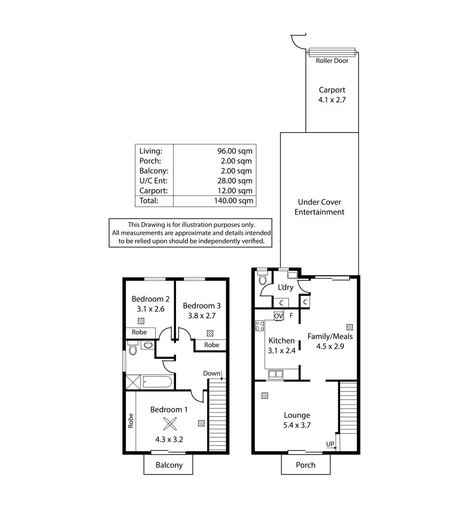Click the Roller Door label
(332, 61)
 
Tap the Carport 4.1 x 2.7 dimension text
(332, 100)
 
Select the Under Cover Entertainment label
(319, 207)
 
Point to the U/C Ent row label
(150, 181)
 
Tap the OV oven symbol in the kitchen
(278, 316)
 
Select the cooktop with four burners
(260, 325)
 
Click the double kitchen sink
(275, 374)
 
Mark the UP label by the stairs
(330, 444)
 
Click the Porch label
(305, 465)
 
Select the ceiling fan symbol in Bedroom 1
(168, 424)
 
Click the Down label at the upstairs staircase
(212, 373)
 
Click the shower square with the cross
(134, 381)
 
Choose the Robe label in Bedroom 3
(212, 345)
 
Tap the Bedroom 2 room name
(150, 299)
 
